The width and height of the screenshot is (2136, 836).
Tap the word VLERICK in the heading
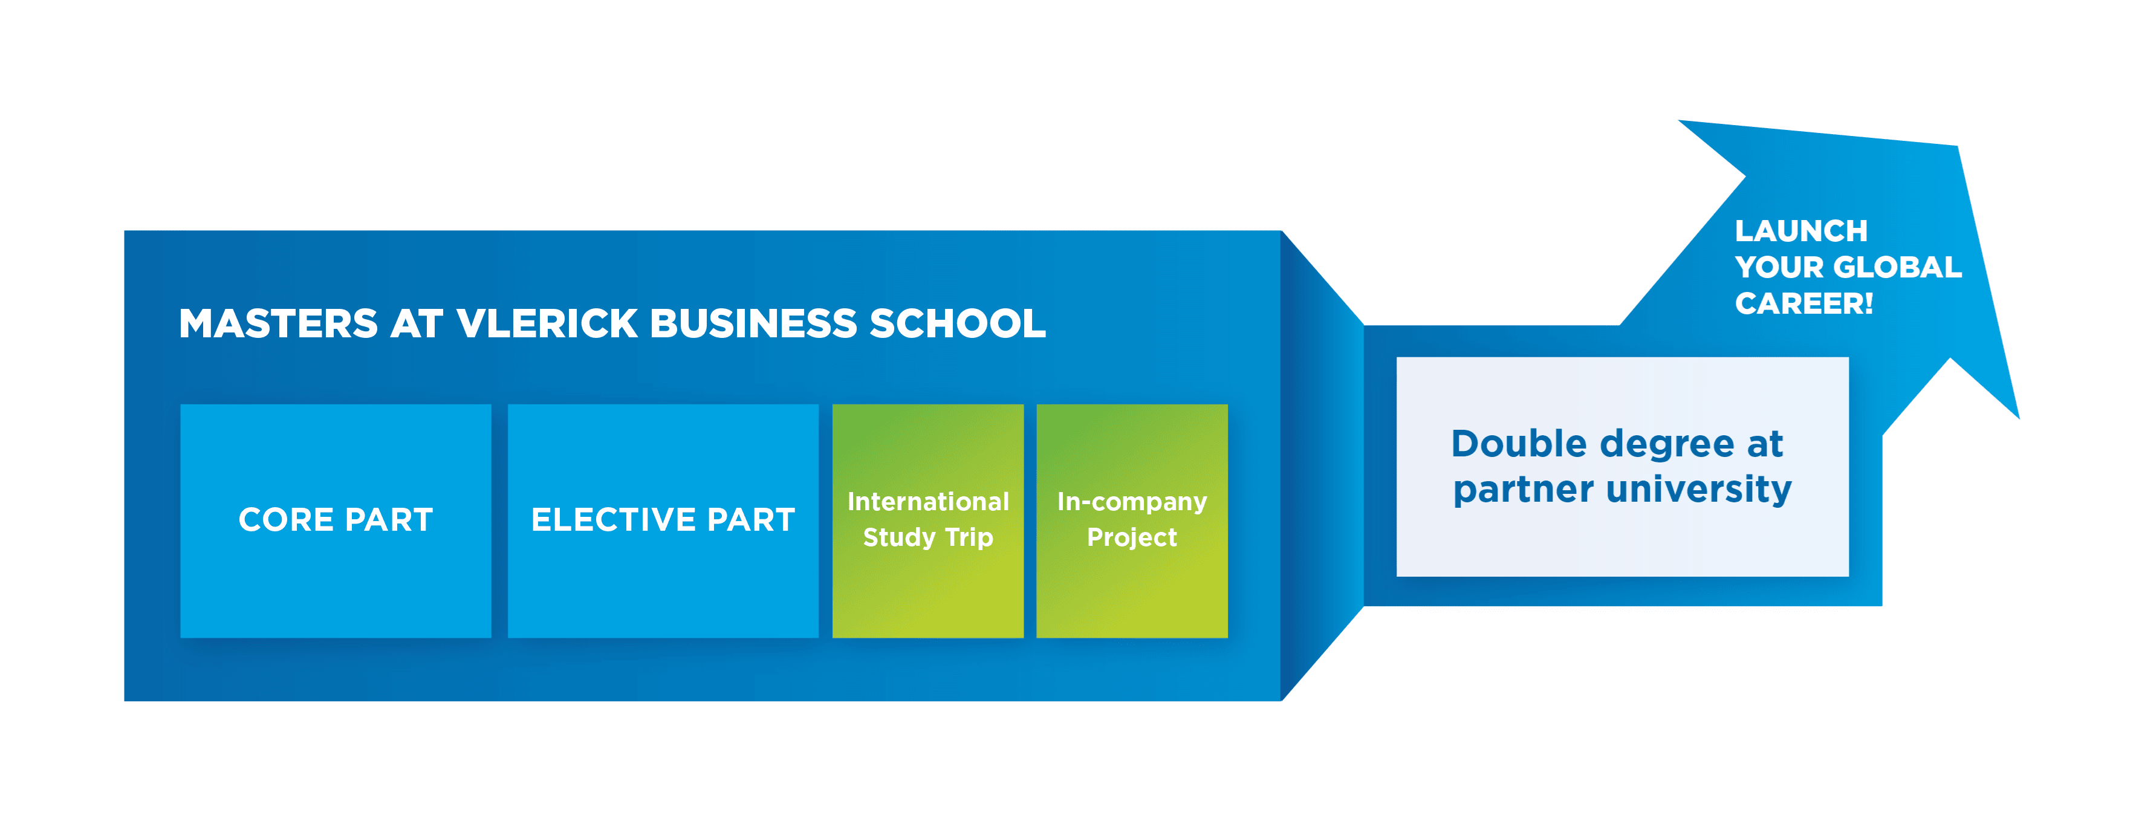click(547, 323)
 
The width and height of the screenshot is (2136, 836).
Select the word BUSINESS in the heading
click(753, 323)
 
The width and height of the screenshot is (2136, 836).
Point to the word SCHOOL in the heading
click(957, 323)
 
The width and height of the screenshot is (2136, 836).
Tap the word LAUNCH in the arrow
click(1801, 230)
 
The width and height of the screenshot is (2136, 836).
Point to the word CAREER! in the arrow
click(1803, 303)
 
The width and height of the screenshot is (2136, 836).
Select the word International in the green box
click(928, 502)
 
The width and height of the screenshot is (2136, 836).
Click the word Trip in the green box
click(969, 537)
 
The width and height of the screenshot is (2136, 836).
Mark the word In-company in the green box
click(1132, 502)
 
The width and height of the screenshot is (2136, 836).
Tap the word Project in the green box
click(1132, 537)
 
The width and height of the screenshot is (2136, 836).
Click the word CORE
click(286, 520)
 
